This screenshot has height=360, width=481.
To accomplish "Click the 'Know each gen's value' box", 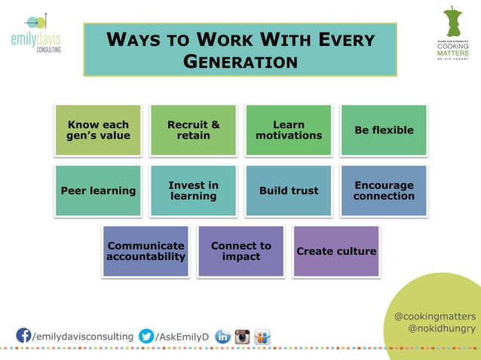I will coord(98,130).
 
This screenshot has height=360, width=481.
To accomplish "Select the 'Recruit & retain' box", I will coord(194,130).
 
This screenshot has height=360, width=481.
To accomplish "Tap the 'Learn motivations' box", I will coord(289,130).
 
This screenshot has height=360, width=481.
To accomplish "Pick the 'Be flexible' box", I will coord(384,130).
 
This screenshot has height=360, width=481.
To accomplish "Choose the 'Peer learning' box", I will coord(98,191).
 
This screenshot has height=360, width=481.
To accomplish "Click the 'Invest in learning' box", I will coord(194,191).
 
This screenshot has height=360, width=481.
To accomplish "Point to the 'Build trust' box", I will coord(289,191).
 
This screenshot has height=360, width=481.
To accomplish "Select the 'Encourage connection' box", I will coord(384,191).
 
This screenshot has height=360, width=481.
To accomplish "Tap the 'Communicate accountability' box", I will coord(146,251).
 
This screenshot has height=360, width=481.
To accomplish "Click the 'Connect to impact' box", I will coord(241,251).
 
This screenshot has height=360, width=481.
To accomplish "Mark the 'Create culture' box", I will coord(336,251).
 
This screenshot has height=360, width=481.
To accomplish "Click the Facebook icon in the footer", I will coord(23,335).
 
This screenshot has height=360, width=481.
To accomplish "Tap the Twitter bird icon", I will coord(146,336).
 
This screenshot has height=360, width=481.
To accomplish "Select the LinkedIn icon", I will coord(223,337).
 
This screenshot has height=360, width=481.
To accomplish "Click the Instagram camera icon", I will coord(242,337).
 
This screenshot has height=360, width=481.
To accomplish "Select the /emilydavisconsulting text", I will coord(83,336).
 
